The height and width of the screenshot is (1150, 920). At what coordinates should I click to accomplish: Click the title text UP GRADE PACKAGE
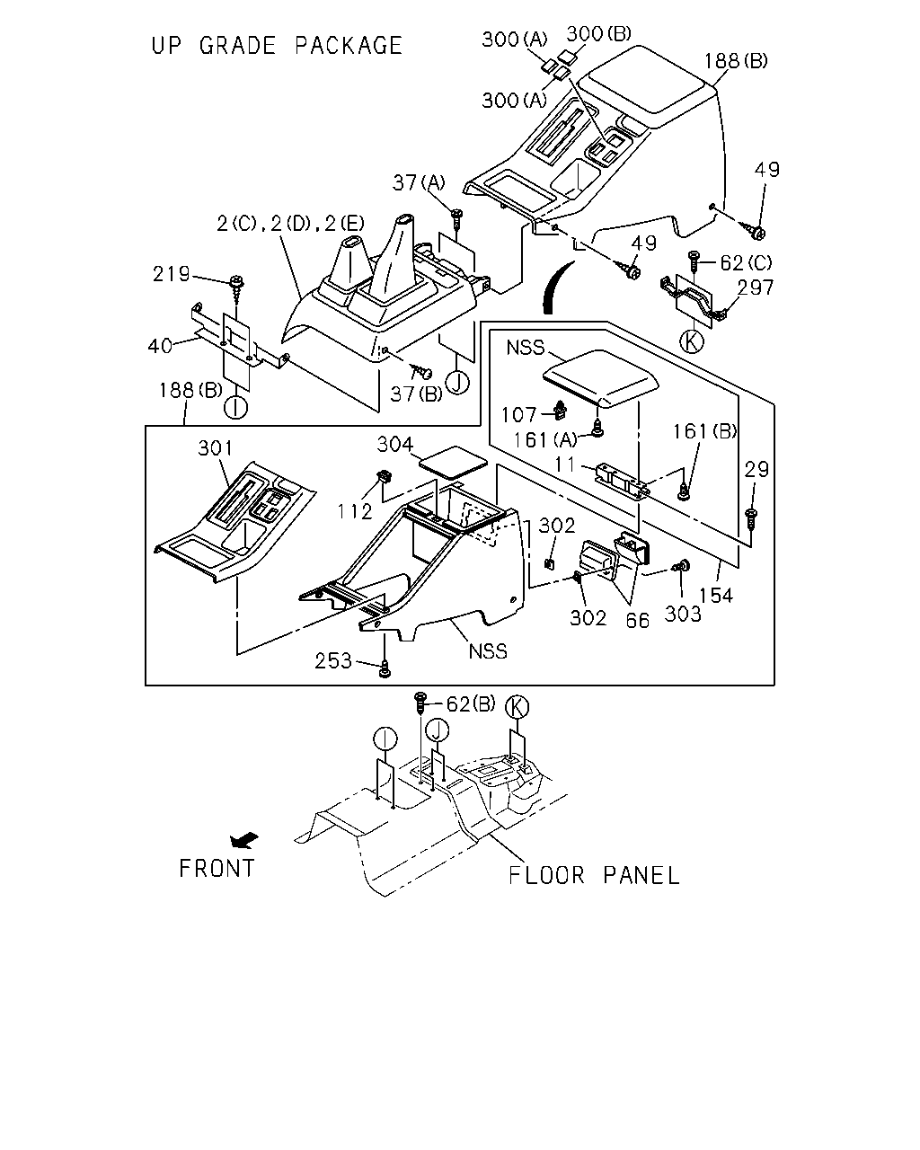[x=277, y=46]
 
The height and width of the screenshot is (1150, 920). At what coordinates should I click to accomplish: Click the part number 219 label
[x=172, y=274]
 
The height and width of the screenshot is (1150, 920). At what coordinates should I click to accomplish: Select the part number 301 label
[x=216, y=447]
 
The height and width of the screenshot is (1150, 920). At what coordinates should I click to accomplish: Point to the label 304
[x=395, y=444]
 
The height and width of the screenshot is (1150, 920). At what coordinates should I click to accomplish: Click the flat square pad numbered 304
[x=454, y=462]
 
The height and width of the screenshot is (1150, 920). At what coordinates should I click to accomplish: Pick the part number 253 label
[x=333, y=661]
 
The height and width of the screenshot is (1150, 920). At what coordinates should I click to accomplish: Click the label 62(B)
[x=471, y=703]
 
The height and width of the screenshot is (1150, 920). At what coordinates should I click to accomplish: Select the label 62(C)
[x=746, y=262]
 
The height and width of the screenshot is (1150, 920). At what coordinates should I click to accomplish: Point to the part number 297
[x=755, y=287]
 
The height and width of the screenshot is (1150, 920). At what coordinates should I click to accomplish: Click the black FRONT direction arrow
[x=244, y=841]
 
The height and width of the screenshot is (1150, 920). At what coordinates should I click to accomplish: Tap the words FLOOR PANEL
[x=593, y=875]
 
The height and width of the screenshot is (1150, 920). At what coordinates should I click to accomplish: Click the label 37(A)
[x=419, y=182]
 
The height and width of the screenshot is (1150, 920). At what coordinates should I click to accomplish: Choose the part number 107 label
[x=518, y=415]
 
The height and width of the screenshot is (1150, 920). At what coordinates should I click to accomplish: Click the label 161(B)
[x=704, y=431]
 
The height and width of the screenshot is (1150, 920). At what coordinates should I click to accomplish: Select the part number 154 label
[x=716, y=595]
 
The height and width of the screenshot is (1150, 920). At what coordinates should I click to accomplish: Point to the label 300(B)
[x=598, y=33]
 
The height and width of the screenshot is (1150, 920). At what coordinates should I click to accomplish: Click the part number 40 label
[x=160, y=346]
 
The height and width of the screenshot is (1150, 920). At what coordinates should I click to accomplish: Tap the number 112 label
[x=354, y=511]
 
